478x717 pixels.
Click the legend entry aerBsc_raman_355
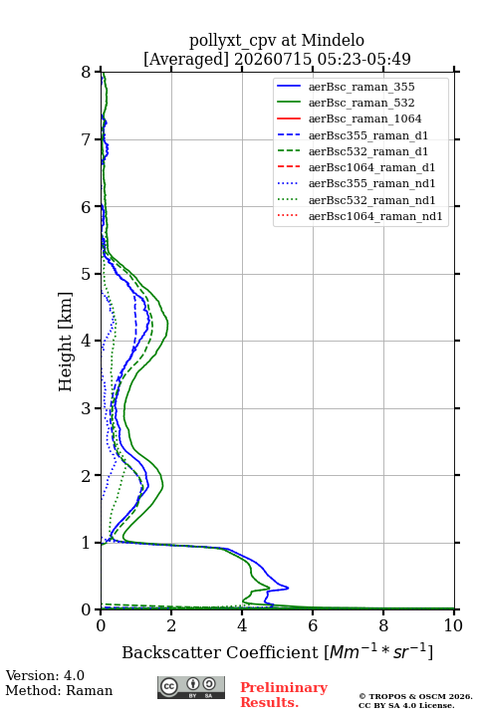click(x=361, y=87)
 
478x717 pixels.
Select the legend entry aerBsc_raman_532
click(x=361, y=103)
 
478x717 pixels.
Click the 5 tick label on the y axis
click(x=87, y=274)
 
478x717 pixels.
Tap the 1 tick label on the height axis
click(x=87, y=543)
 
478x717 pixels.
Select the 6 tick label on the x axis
click(x=313, y=625)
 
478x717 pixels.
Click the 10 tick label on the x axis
click(x=453, y=625)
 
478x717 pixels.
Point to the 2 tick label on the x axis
click(x=171, y=625)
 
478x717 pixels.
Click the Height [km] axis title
click(x=66, y=342)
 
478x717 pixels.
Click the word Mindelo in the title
click(x=333, y=40)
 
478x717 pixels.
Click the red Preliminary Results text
click(x=284, y=695)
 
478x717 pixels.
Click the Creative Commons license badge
click(x=191, y=688)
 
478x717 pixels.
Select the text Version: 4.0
click(x=45, y=675)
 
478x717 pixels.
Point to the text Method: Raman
click(x=59, y=690)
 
